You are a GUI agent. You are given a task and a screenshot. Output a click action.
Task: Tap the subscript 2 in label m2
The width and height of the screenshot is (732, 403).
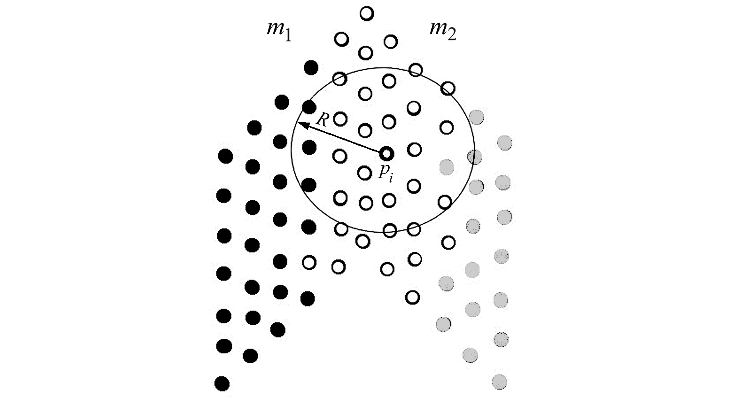[x=452, y=35]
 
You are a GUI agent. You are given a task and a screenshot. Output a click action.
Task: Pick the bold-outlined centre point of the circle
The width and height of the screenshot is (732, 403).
[x=386, y=153]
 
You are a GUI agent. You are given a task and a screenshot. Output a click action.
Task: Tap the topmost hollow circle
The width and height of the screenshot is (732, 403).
[x=367, y=13]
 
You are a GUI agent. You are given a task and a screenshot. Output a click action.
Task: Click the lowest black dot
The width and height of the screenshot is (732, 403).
[x=222, y=384]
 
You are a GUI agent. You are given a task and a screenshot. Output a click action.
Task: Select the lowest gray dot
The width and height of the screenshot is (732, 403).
[x=500, y=382]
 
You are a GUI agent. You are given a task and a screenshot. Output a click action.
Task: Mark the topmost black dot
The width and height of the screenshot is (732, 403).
[x=311, y=67]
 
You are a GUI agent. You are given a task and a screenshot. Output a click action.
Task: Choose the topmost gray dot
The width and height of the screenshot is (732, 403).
[x=476, y=117]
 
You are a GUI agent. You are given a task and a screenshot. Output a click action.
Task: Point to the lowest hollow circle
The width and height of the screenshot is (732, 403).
[x=413, y=297]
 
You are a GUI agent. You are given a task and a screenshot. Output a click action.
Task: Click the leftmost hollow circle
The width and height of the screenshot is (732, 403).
[x=309, y=262]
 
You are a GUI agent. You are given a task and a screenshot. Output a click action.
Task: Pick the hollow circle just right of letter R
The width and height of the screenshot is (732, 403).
[x=340, y=119]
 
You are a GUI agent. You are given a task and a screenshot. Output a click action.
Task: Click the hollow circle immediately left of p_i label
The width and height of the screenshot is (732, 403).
[x=364, y=173]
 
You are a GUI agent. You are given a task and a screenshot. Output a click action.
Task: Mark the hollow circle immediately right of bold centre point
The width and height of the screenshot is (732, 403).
[x=414, y=150]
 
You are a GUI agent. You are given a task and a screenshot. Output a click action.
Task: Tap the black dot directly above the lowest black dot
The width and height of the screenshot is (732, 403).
[x=224, y=346]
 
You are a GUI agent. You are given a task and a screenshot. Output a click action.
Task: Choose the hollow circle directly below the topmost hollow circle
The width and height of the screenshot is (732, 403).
[x=365, y=52]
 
